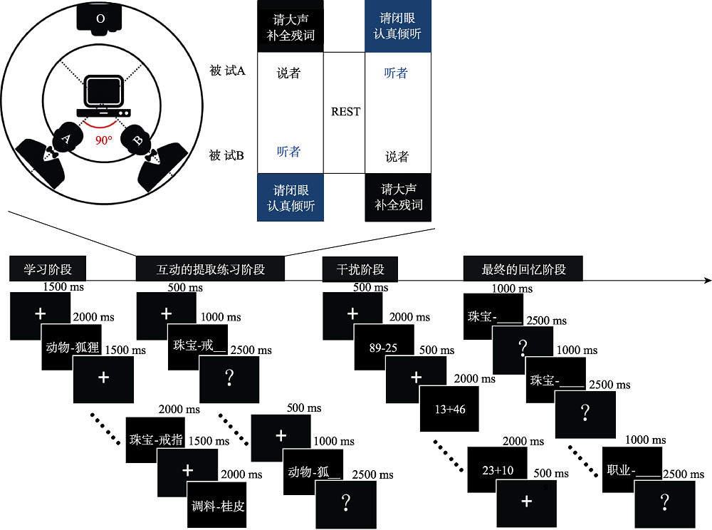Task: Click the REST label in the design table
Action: click(345, 112)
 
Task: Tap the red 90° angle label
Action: click(104, 140)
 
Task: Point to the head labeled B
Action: click(137, 140)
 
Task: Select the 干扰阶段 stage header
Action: click(360, 270)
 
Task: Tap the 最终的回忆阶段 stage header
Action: click(523, 270)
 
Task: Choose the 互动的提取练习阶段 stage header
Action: click(210, 270)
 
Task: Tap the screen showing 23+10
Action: click(496, 469)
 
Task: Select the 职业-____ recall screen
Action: click(631, 469)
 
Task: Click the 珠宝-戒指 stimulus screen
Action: click(155, 440)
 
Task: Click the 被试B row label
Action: click(227, 155)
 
